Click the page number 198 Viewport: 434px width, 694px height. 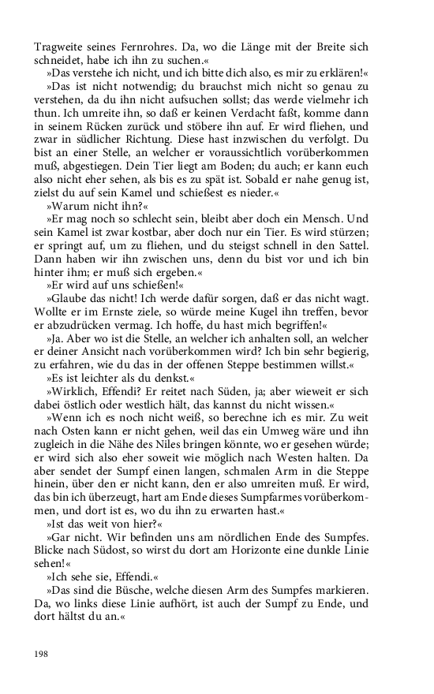point(42,652)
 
